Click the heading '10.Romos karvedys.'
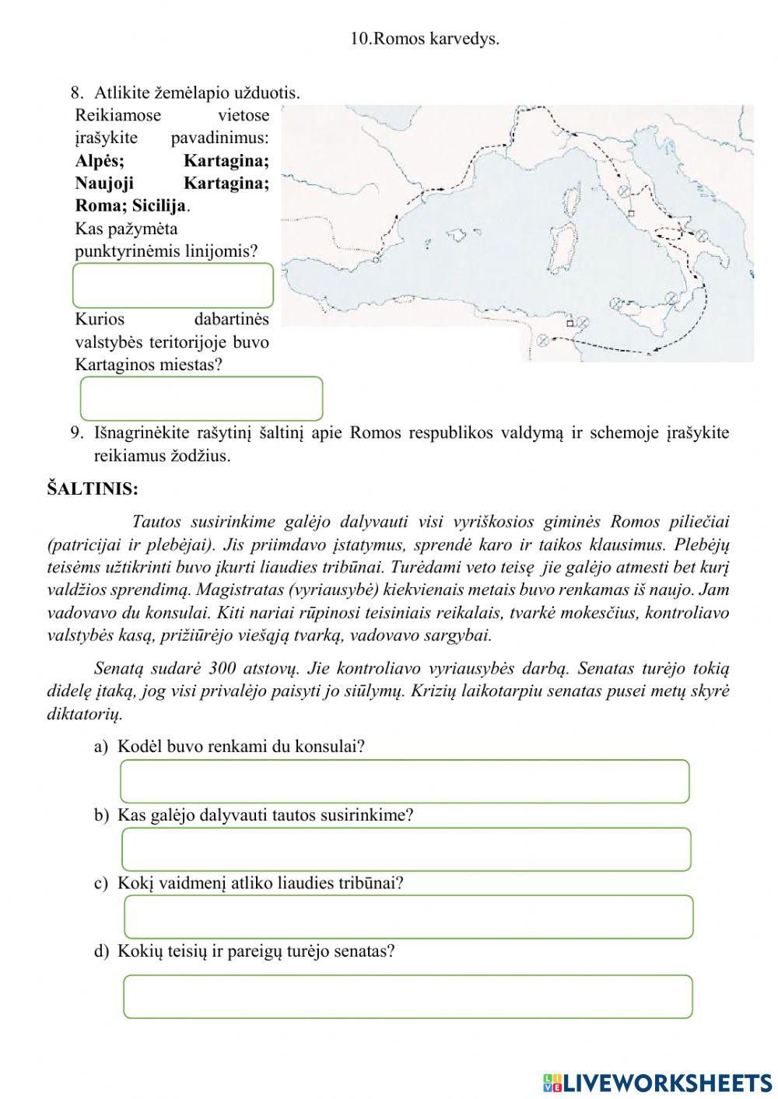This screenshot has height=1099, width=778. pos(425,39)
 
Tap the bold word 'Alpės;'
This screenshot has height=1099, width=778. pos(100,161)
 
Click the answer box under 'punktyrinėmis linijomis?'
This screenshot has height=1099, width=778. pos(173,285)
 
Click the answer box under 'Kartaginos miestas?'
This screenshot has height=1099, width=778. pos(201,398)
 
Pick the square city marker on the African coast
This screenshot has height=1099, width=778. pos(569,322)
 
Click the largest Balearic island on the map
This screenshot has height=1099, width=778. pos(455,233)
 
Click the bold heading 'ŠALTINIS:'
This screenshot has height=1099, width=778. pos(93,489)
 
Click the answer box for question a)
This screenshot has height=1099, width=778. pos(405,781)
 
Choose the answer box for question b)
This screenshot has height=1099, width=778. pos(406,849)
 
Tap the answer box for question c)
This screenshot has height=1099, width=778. pos(408,917)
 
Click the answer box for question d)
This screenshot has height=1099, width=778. pos(408,996)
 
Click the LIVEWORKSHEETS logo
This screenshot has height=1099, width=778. pos(657,1082)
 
